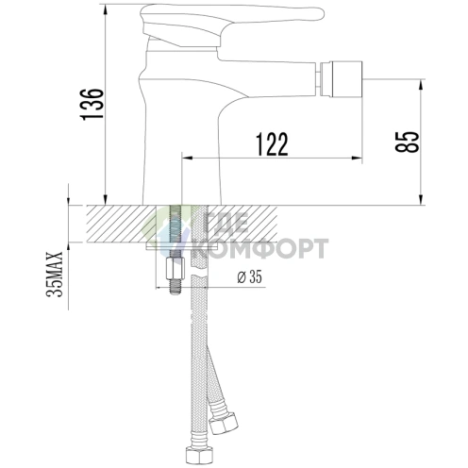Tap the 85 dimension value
click(x=408, y=141)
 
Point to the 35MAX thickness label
click(x=56, y=274)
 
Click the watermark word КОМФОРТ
click(x=259, y=249)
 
